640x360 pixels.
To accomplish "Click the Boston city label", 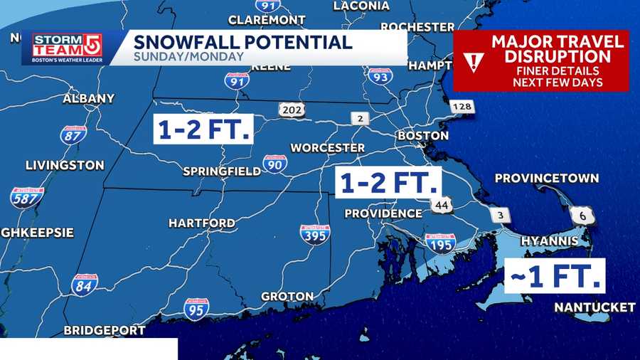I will coord(423,135).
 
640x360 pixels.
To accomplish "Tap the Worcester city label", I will coord(327,148).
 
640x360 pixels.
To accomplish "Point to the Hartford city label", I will coord(201,223).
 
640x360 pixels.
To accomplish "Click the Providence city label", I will coord(383,213).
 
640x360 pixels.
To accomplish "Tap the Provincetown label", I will coord(546,179).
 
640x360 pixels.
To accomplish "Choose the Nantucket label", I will coord(594,307).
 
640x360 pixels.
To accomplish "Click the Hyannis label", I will coord(549,241).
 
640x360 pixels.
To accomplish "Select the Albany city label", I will coord(88,98).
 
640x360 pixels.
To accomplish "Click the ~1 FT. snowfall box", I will coord(554,275).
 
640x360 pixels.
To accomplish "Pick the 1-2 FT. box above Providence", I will coord(388,183).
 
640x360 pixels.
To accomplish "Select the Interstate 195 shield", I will coord(439,243).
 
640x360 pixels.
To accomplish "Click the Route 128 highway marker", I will coord(461,107).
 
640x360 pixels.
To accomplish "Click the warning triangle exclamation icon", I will coord(472,61).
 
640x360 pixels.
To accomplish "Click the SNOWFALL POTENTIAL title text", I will coord(243,42).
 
